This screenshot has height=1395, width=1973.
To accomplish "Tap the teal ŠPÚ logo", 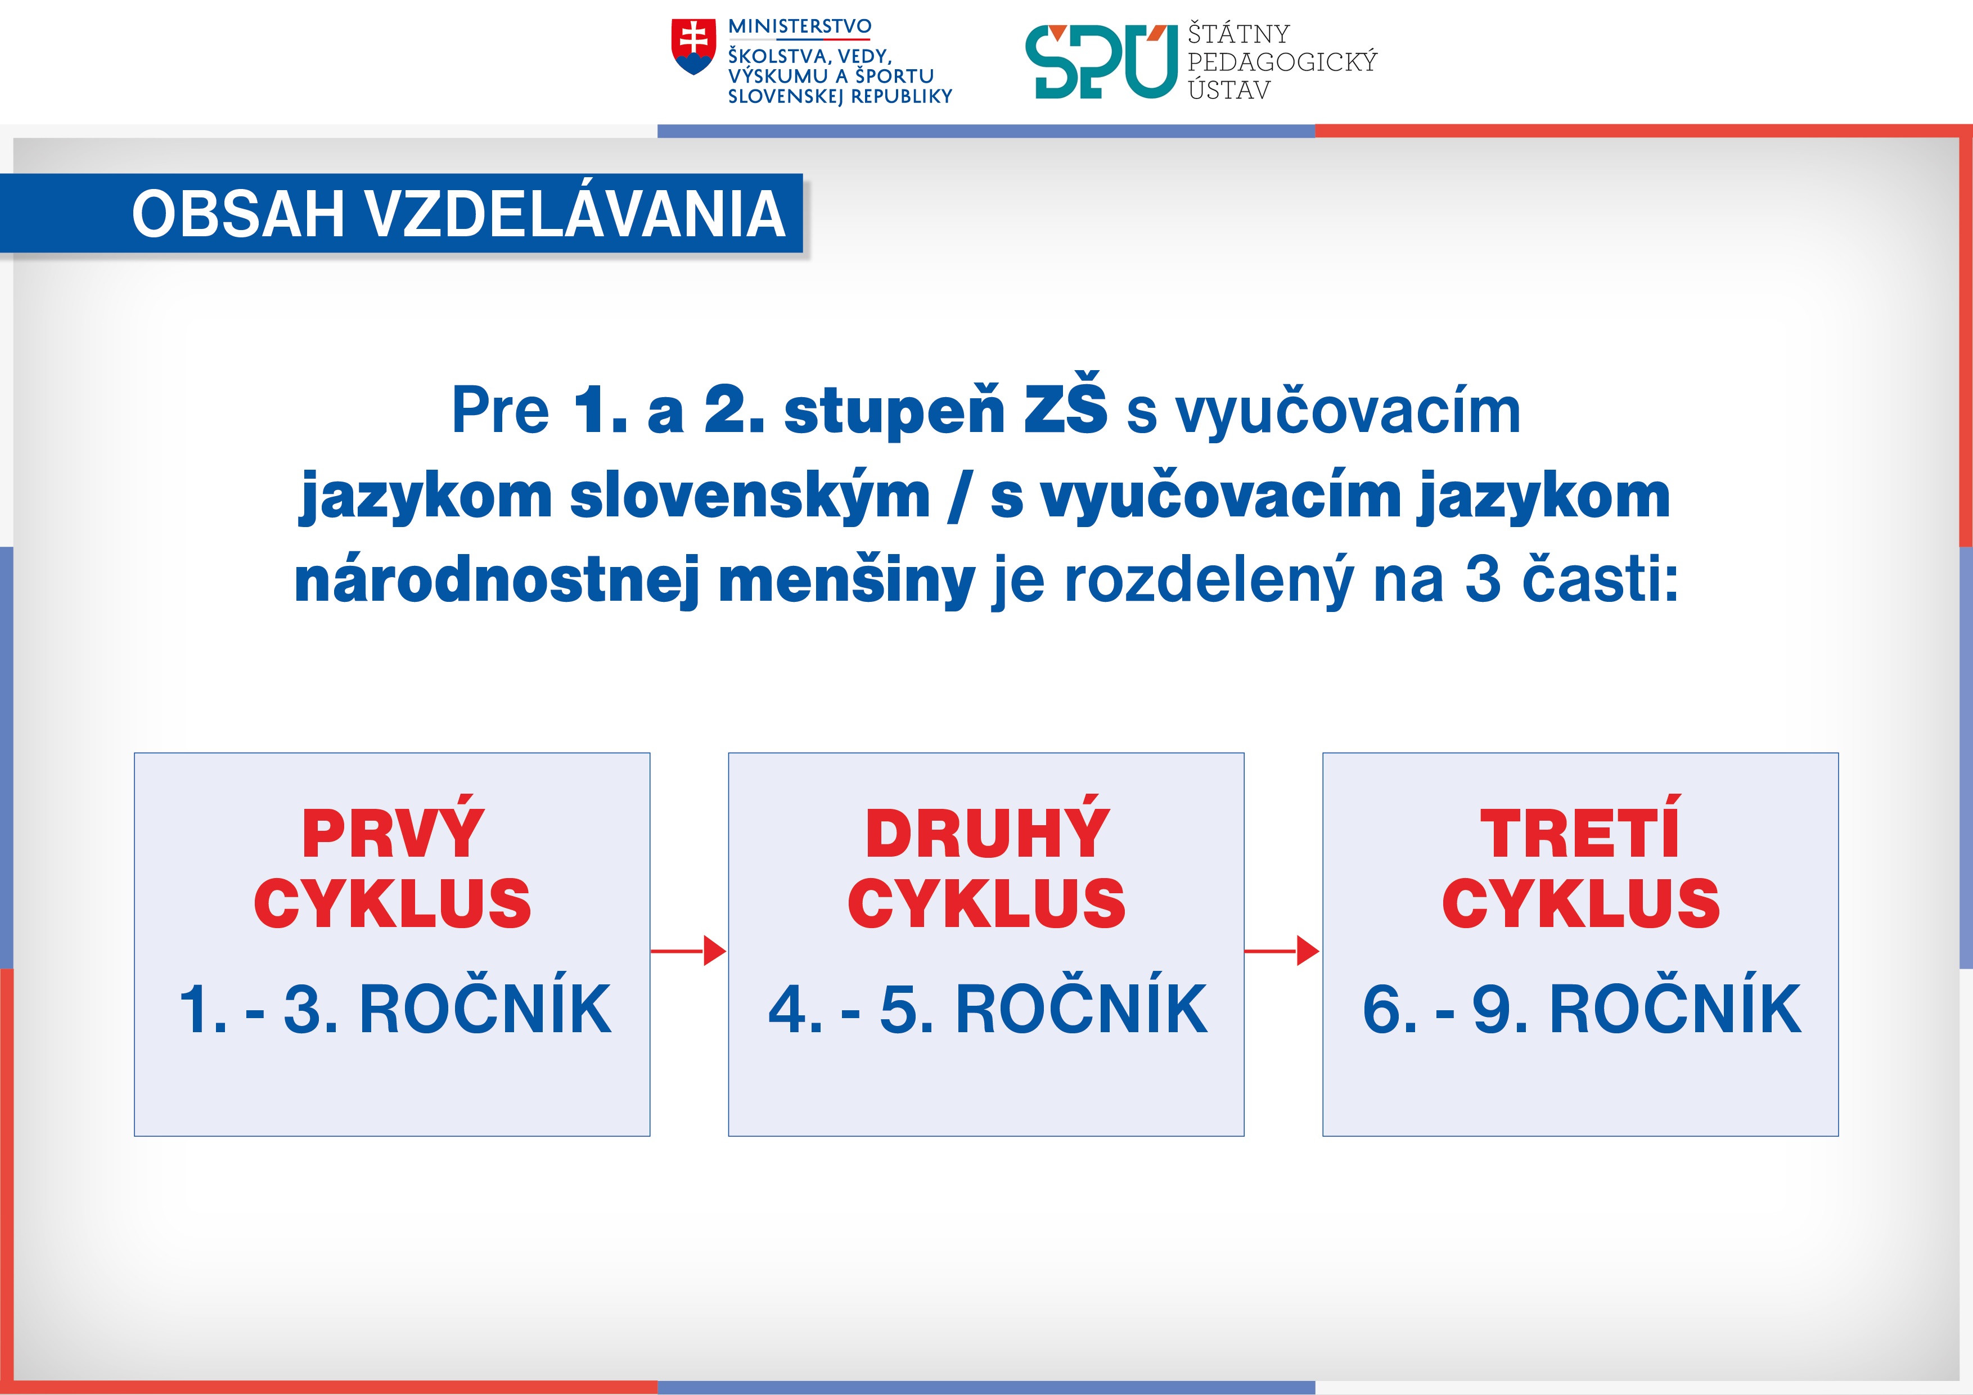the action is [x=1101, y=62].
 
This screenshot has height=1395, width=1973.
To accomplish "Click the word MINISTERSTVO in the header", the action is [x=799, y=26].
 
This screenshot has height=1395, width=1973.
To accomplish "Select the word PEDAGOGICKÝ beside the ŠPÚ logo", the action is [x=1282, y=62].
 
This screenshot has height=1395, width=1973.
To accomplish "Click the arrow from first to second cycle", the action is [x=689, y=951].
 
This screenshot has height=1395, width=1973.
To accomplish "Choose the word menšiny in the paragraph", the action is [x=846, y=580].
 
